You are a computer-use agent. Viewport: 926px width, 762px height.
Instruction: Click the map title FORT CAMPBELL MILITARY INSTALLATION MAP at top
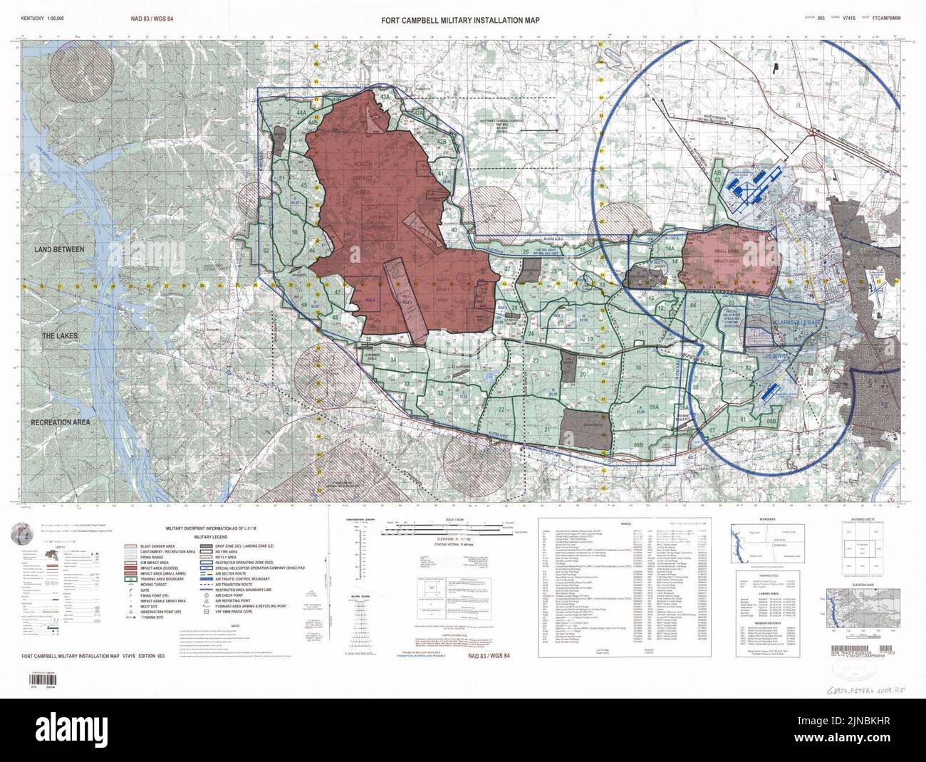[x=461, y=21]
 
